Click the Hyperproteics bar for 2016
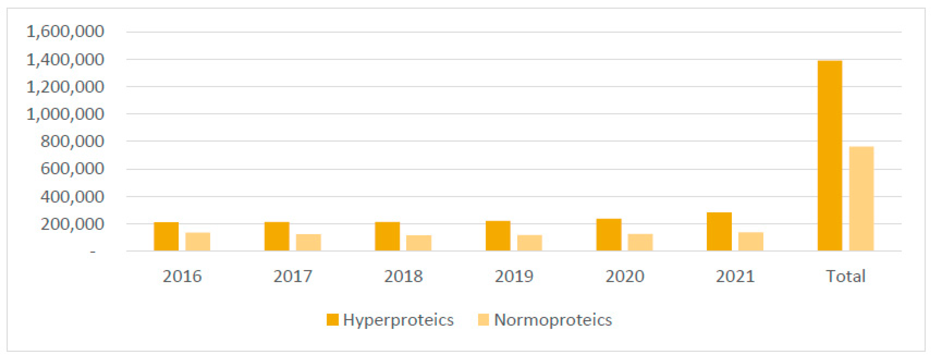point(166,236)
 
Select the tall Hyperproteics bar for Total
point(830,156)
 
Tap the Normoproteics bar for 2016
point(198,241)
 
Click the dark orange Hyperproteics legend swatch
point(333,320)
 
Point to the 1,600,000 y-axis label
point(65,32)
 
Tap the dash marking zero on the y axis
point(93,252)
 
